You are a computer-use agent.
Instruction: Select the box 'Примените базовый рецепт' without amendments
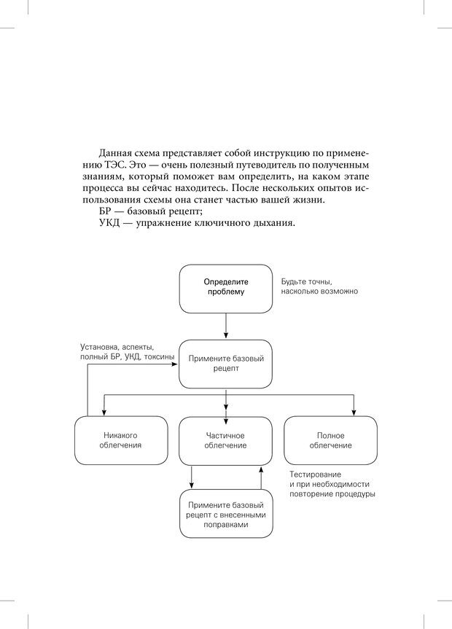click(225, 363)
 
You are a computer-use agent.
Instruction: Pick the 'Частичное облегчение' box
click(225, 440)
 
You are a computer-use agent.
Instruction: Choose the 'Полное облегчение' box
click(330, 440)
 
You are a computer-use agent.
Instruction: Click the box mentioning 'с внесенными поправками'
click(225, 514)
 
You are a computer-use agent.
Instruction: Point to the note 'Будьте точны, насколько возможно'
click(319, 286)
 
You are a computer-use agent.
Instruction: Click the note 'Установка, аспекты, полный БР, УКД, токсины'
click(127, 353)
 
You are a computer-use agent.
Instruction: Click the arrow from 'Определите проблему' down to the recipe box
click(226, 324)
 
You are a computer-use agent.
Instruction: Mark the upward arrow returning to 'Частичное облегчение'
click(260, 477)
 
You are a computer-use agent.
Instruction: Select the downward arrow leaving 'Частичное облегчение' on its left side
click(192, 477)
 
